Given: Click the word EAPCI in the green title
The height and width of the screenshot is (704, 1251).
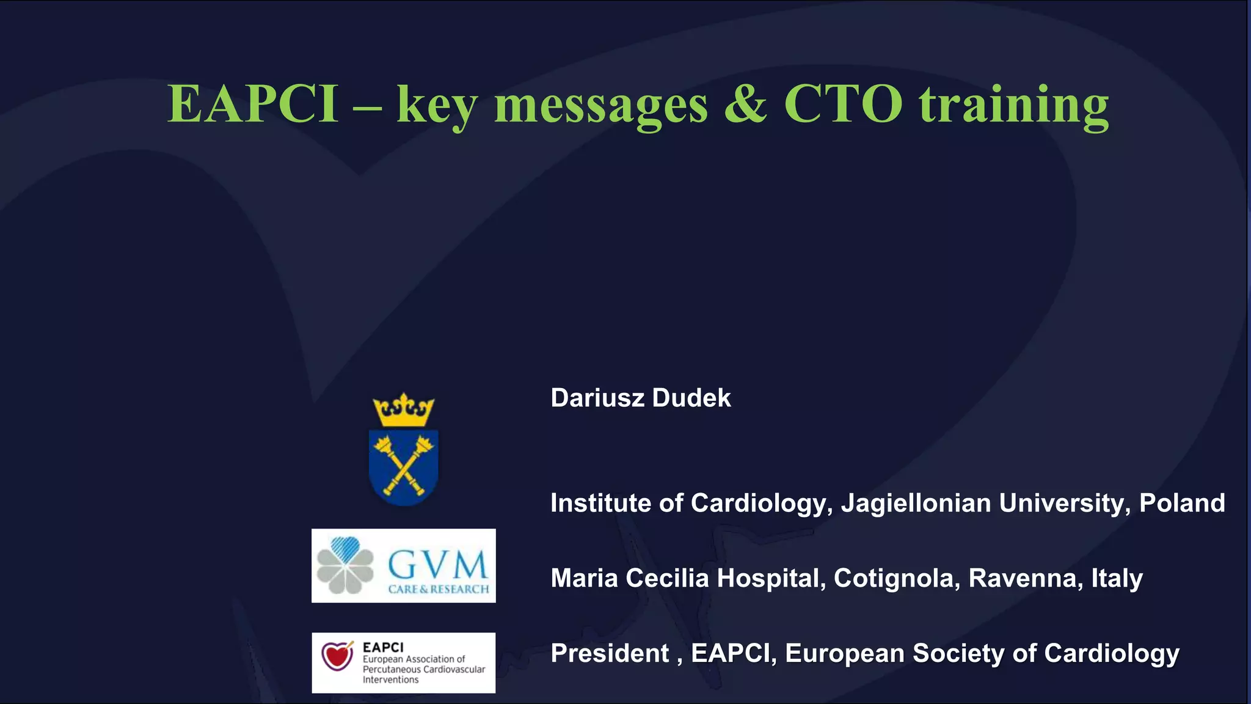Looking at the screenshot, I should click(253, 104).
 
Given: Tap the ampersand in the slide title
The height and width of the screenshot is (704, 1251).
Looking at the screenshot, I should click(745, 104).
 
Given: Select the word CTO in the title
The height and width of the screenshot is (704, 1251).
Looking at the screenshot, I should click(843, 104).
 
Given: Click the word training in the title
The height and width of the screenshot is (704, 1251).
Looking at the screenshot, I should click(1014, 105).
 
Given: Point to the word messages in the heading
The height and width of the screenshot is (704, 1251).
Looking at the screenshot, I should click(600, 106).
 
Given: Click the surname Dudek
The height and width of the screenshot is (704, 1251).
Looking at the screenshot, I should click(691, 398).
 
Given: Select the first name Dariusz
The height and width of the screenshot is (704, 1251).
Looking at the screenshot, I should click(597, 398).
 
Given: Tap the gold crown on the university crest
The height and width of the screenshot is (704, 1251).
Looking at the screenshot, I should click(403, 409).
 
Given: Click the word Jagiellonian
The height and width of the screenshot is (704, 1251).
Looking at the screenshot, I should click(916, 504).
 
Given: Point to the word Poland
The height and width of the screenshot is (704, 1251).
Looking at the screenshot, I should click(1182, 503).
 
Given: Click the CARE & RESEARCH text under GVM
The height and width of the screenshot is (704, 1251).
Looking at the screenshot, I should click(439, 589).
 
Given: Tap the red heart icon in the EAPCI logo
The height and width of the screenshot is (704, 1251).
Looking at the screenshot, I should click(337, 658).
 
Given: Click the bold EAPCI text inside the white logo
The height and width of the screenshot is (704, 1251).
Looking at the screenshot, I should click(383, 647).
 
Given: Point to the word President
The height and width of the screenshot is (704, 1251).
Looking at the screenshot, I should click(610, 653).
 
